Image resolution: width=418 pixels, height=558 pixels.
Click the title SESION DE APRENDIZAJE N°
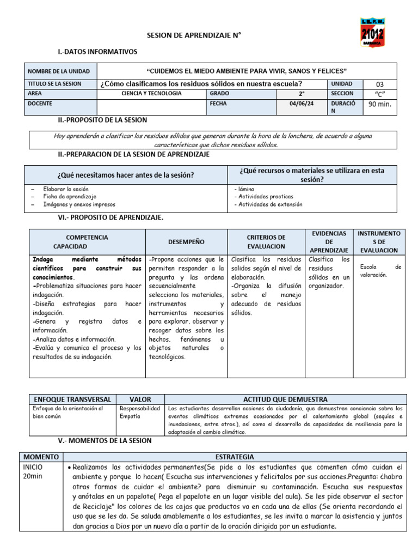[194, 35]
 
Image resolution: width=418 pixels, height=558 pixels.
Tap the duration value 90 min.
[380, 104]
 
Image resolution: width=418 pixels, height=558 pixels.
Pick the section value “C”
[380, 93]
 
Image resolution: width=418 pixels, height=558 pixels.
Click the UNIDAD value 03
[380, 84]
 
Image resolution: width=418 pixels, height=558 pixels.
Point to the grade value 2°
[301, 93]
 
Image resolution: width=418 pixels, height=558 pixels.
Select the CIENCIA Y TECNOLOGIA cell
[151, 93]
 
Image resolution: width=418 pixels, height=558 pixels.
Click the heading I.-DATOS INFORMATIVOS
[97, 52]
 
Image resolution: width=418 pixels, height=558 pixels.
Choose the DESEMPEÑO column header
[186, 241]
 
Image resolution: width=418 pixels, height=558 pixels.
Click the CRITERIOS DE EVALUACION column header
[266, 241]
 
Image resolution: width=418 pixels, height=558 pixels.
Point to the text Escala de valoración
[380, 271]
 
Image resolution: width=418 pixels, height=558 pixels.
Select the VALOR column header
[140, 399]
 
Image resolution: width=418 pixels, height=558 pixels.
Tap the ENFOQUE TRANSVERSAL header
[72, 399]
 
